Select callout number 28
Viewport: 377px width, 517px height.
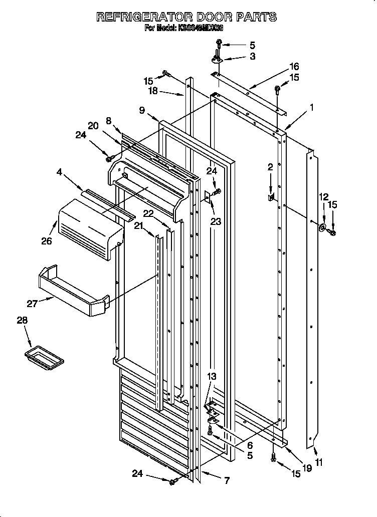tap(22, 320)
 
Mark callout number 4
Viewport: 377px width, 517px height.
tap(60, 173)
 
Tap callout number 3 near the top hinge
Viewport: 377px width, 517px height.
tap(253, 57)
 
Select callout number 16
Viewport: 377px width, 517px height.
tap(294, 66)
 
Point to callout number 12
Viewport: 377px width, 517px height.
tap(323, 197)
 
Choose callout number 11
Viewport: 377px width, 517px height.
tap(319, 463)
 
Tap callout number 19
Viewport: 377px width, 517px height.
tap(307, 469)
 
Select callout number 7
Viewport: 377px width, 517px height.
tap(227, 481)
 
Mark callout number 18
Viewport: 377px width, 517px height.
tap(153, 91)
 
